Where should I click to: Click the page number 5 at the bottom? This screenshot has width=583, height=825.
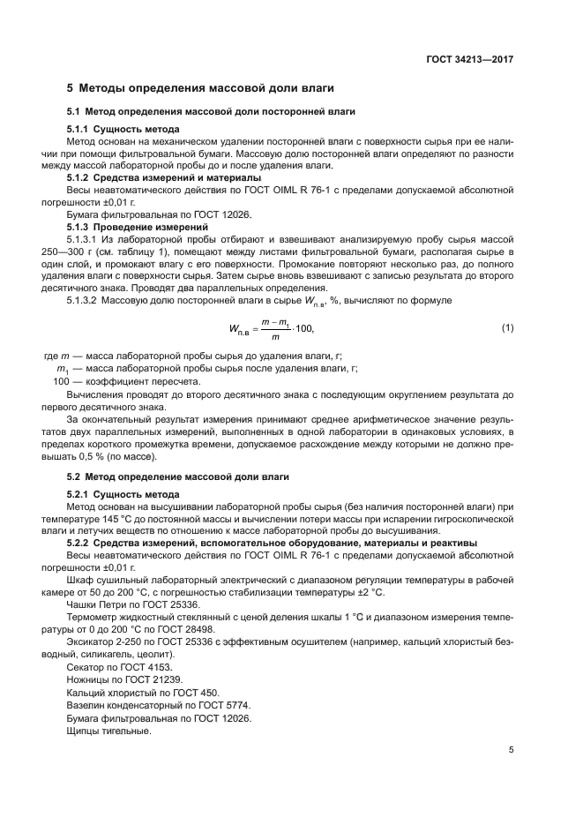coord(511,752)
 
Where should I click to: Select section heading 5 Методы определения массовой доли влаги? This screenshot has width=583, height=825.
coord(200,88)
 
